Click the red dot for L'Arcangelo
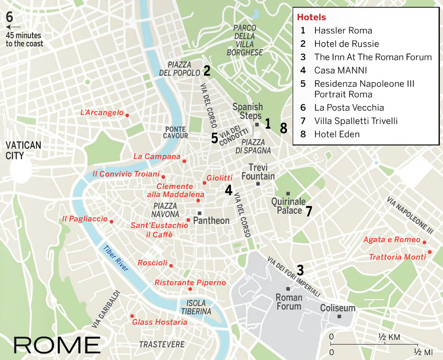127,115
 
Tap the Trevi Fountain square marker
258,184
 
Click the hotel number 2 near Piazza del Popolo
207,70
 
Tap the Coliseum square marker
339,316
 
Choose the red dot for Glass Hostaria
132,316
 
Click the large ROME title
57,344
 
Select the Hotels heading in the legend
311,18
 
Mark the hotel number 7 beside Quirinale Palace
309,211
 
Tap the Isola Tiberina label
196,307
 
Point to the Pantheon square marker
200,213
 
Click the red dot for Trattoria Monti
429,252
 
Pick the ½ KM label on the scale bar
389,337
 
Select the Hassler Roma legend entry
343,31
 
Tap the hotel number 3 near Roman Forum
300,269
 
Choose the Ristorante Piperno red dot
190,289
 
